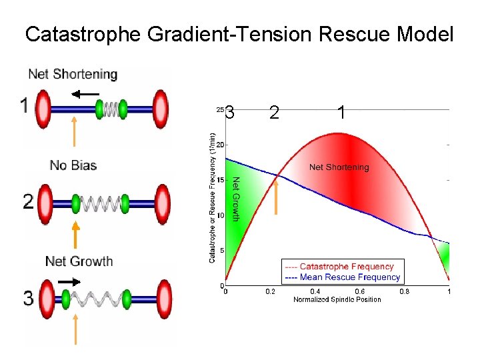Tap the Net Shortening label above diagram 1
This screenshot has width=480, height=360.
[x=73, y=74]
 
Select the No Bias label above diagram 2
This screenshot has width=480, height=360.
[x=73, y=165]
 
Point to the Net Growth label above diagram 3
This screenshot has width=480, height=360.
[x=79, y=261]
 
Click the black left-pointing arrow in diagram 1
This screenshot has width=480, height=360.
[x=85, y=94]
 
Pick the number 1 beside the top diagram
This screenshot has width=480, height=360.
[x=24, y=106]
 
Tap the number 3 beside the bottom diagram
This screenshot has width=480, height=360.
[x=28, y=297]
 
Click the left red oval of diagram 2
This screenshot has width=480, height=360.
[x=45, y=202]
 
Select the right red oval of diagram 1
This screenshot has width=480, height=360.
[x=161, y=107]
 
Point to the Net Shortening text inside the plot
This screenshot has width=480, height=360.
[x=339, y=167]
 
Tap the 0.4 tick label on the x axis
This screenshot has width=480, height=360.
[x=315, y=291]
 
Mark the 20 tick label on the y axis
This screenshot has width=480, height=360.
[x=220, y=145]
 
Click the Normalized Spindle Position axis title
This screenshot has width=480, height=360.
[x=337, y=299]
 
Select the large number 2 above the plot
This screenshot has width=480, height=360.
[x=274, y=113]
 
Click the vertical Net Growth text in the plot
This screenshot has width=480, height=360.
[x=235, y=199]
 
